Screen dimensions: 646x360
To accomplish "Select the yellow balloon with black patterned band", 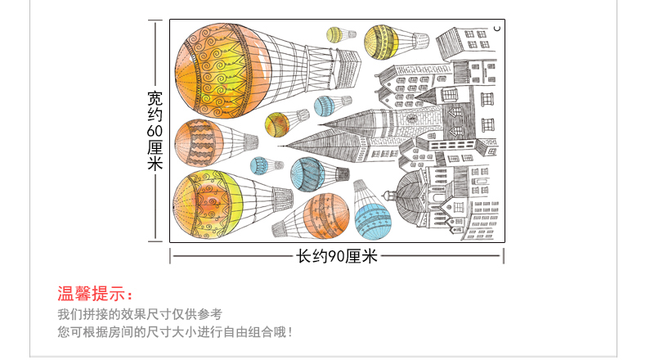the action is pos(381,41).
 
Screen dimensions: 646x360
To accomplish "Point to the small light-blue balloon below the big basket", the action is pos(325,106).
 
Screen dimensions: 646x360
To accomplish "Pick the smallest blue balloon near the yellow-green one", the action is pos(259,166).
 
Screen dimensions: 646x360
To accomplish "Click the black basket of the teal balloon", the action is pos(343,173).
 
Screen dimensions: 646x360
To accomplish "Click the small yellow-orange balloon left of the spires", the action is pos(276,124).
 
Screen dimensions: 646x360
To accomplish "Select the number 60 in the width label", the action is pos(155,131).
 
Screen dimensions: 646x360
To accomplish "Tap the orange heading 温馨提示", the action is pos(94,295).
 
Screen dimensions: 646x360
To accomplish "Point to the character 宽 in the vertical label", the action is pos(155,98).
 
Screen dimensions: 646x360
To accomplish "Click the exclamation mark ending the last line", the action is pos(289,333).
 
